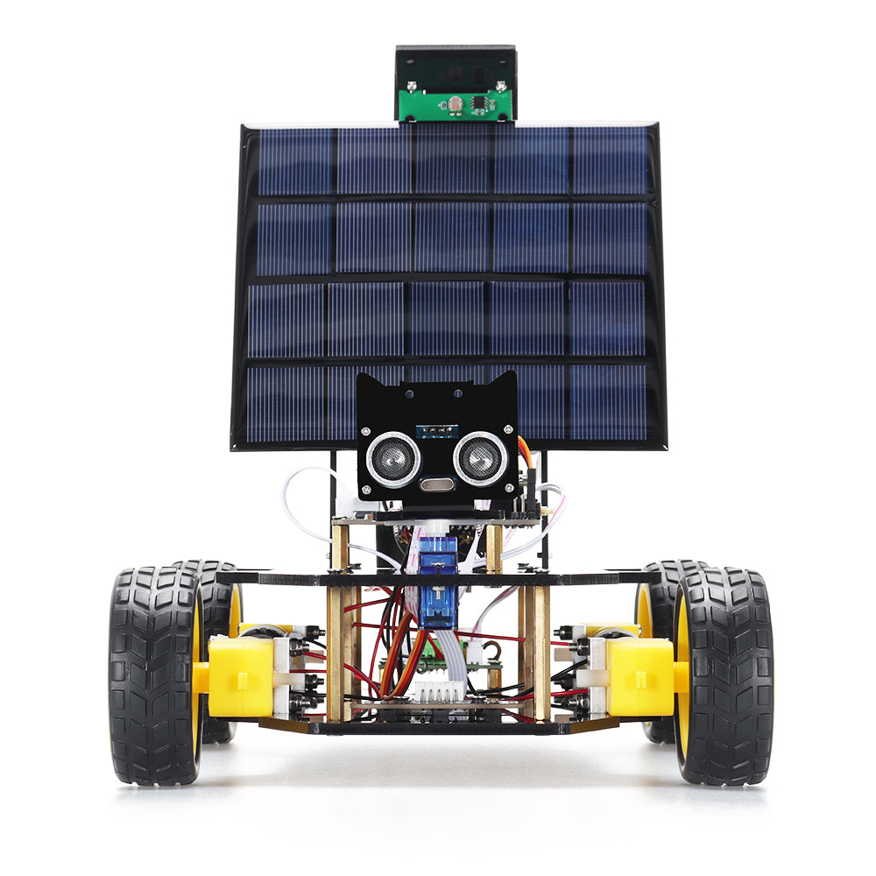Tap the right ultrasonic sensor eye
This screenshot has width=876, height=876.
[x=479, y=459]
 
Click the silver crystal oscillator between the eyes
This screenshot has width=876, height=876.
[x=436, y=484]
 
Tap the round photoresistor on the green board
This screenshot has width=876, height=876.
[x=455, y=105]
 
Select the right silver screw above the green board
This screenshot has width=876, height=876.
[x=500, y=86]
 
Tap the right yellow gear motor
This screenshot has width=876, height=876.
[x=639, y=675]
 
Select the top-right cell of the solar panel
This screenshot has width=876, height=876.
[x=611, y=161]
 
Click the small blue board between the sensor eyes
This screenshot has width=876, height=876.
[x=437, y=430]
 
